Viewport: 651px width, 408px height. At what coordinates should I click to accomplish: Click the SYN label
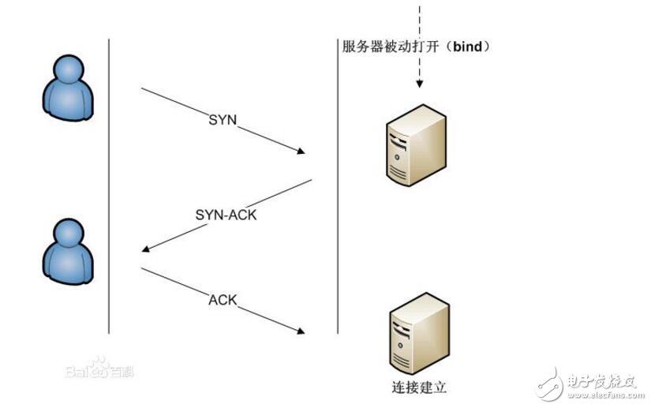click(223, 120)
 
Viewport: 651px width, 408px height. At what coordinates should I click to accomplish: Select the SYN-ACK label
click(226, 214)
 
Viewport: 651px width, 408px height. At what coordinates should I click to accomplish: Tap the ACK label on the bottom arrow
click(223, 300)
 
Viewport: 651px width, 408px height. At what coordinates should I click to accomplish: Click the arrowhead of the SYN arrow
click(301, 151)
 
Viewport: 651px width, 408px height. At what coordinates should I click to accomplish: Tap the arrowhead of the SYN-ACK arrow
click(146, 250)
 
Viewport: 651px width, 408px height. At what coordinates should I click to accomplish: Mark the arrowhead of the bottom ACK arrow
click(301, 331)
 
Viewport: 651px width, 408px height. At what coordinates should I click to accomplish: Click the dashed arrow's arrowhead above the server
click(419, 83)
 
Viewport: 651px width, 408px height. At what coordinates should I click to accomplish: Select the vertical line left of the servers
click(337, 189)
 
